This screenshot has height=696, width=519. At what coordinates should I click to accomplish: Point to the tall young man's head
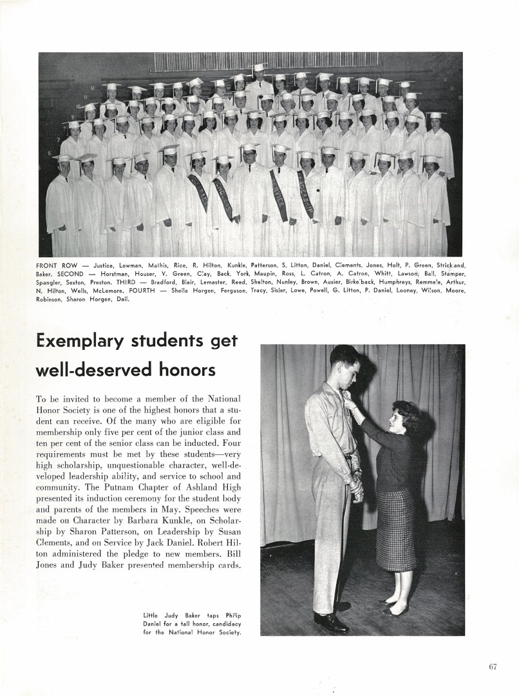point(344,364)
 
